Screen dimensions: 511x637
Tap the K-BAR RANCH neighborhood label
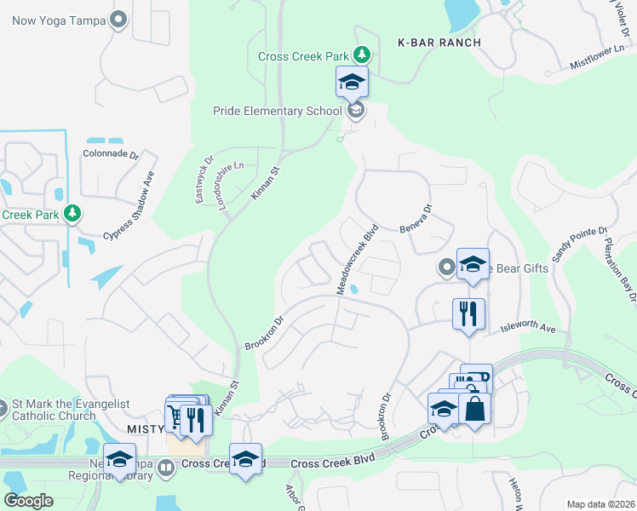point(439,43)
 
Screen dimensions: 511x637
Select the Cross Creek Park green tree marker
point(363,55)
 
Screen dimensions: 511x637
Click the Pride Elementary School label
point(278,111)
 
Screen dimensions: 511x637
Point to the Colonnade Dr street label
point(111,155)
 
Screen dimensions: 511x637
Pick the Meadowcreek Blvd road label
point(358,260)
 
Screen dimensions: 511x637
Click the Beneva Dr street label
point(416,218)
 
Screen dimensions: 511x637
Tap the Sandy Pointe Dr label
point(580,244)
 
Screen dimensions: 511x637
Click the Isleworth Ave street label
point(527,327)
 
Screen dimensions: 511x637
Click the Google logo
point(29,501)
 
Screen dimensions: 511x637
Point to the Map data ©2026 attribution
point(600,504)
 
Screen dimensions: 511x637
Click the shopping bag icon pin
point(474,409)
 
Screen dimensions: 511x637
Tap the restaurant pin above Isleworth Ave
point(468,314)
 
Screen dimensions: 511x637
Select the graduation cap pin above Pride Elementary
point(352,83)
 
